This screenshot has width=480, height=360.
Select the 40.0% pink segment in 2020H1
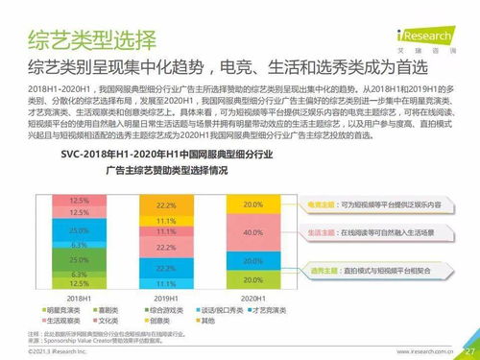point(252,233)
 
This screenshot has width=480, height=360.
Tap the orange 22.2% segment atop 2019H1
point(166,205)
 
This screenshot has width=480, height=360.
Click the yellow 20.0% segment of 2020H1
point(252,204)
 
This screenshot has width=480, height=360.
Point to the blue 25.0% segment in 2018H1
point(81,231)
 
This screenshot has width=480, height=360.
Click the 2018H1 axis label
point(81,299)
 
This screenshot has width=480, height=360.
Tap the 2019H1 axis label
point(166,299)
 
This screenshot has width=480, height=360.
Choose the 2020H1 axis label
point(252,299)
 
